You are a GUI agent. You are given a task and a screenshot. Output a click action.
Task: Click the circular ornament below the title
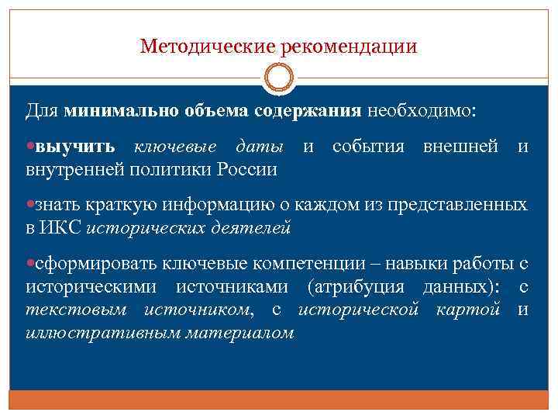279,78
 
